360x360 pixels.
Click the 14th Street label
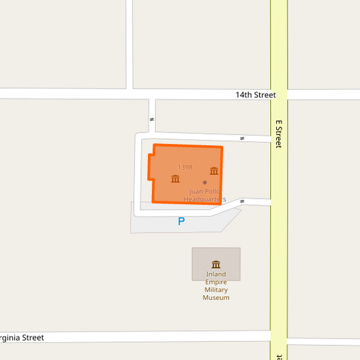255,95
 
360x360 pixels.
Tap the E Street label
278,134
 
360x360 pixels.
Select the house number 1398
185,167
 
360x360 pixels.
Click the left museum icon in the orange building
176,179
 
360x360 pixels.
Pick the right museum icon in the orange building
214,171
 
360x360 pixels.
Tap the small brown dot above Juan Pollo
205,182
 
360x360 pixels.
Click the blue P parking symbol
181,221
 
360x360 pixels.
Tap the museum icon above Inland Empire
216,264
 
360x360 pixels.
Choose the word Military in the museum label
216,290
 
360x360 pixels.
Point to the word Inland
216,274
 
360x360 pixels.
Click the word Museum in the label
216,298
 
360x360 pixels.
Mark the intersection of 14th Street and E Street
279,94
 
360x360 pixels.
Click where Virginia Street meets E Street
279,336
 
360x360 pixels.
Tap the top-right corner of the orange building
222,147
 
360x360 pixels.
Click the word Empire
216,282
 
